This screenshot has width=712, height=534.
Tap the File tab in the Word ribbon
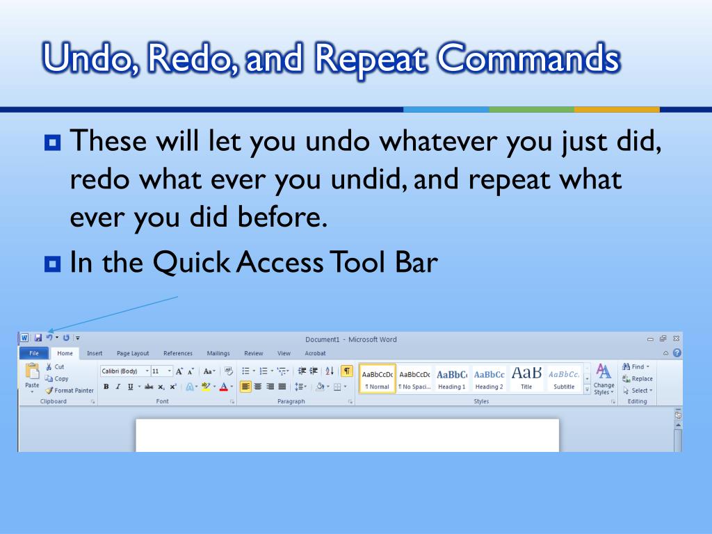33,353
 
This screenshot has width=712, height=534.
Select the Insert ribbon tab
95,353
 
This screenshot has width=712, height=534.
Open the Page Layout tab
133,353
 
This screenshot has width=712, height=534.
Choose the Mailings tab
218,353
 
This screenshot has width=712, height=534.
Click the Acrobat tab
315,353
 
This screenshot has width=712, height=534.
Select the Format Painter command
70,391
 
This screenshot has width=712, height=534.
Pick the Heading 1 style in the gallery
451,379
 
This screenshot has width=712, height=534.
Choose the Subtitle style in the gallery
564,379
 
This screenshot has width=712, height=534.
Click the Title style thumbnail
526,379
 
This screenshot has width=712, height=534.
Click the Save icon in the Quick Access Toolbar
38,338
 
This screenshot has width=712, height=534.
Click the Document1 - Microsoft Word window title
351,339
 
